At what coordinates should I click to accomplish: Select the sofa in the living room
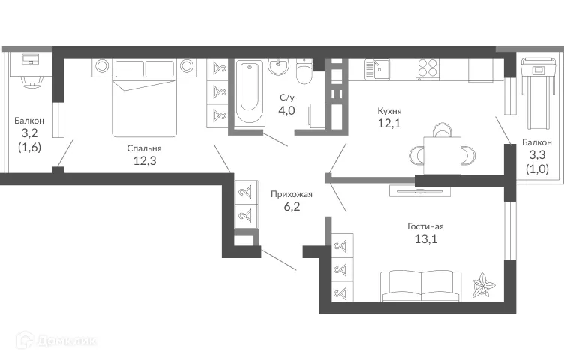click(x=421, y=284)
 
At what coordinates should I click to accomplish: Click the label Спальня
click(x=144, y=148)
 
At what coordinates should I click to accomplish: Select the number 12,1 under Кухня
click(x=389, y=124)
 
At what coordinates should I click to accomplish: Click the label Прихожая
click(x=291, y=194)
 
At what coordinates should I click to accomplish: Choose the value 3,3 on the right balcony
click(x=537, y=156)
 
